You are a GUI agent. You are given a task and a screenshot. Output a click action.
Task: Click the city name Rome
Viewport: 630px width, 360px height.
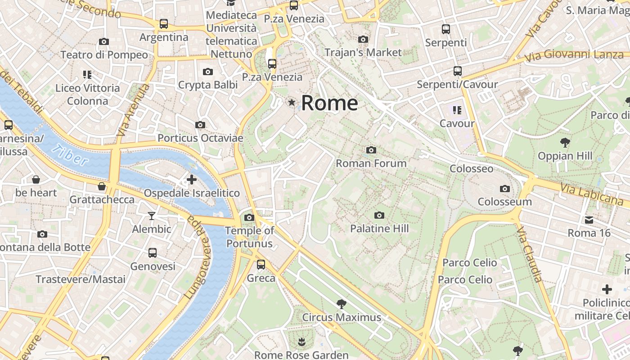[329, 103]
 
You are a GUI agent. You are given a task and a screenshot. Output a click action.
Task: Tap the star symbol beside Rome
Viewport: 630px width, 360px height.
[292, 103]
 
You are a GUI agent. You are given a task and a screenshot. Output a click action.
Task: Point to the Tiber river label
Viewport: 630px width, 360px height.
[70, 155]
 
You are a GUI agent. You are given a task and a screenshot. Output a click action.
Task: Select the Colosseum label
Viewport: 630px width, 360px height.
[504, 202]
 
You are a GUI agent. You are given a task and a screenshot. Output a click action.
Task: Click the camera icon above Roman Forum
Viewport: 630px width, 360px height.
[371, 150]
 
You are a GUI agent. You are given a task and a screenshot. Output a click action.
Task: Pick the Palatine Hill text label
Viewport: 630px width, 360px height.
[379, 229]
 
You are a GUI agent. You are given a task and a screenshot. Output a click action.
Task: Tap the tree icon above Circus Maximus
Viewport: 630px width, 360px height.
[342, 304]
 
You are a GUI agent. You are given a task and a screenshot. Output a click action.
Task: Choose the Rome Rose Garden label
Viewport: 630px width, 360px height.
[301, 355]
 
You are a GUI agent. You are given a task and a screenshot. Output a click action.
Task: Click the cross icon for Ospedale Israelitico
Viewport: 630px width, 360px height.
[192, 180]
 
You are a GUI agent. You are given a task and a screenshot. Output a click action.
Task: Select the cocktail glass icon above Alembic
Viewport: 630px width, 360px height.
[152, 216]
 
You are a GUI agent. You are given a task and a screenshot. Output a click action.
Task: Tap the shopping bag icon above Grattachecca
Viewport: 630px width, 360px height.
[102, 186]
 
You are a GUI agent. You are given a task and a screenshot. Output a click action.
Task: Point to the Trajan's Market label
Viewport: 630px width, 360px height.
[363, 52]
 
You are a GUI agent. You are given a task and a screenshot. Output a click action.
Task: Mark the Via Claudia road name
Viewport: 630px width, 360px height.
[530, 255]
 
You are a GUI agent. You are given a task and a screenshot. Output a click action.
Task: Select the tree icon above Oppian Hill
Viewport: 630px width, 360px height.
[565, 143]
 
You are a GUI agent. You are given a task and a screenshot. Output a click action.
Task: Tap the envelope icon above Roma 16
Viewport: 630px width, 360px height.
[589, 220]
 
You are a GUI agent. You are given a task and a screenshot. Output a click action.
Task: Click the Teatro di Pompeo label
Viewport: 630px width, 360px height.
[104, 55]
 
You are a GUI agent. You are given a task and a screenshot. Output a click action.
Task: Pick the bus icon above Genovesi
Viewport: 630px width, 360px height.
[153, 253]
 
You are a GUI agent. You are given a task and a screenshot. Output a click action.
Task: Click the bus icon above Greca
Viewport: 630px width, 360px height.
[261, 265]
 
